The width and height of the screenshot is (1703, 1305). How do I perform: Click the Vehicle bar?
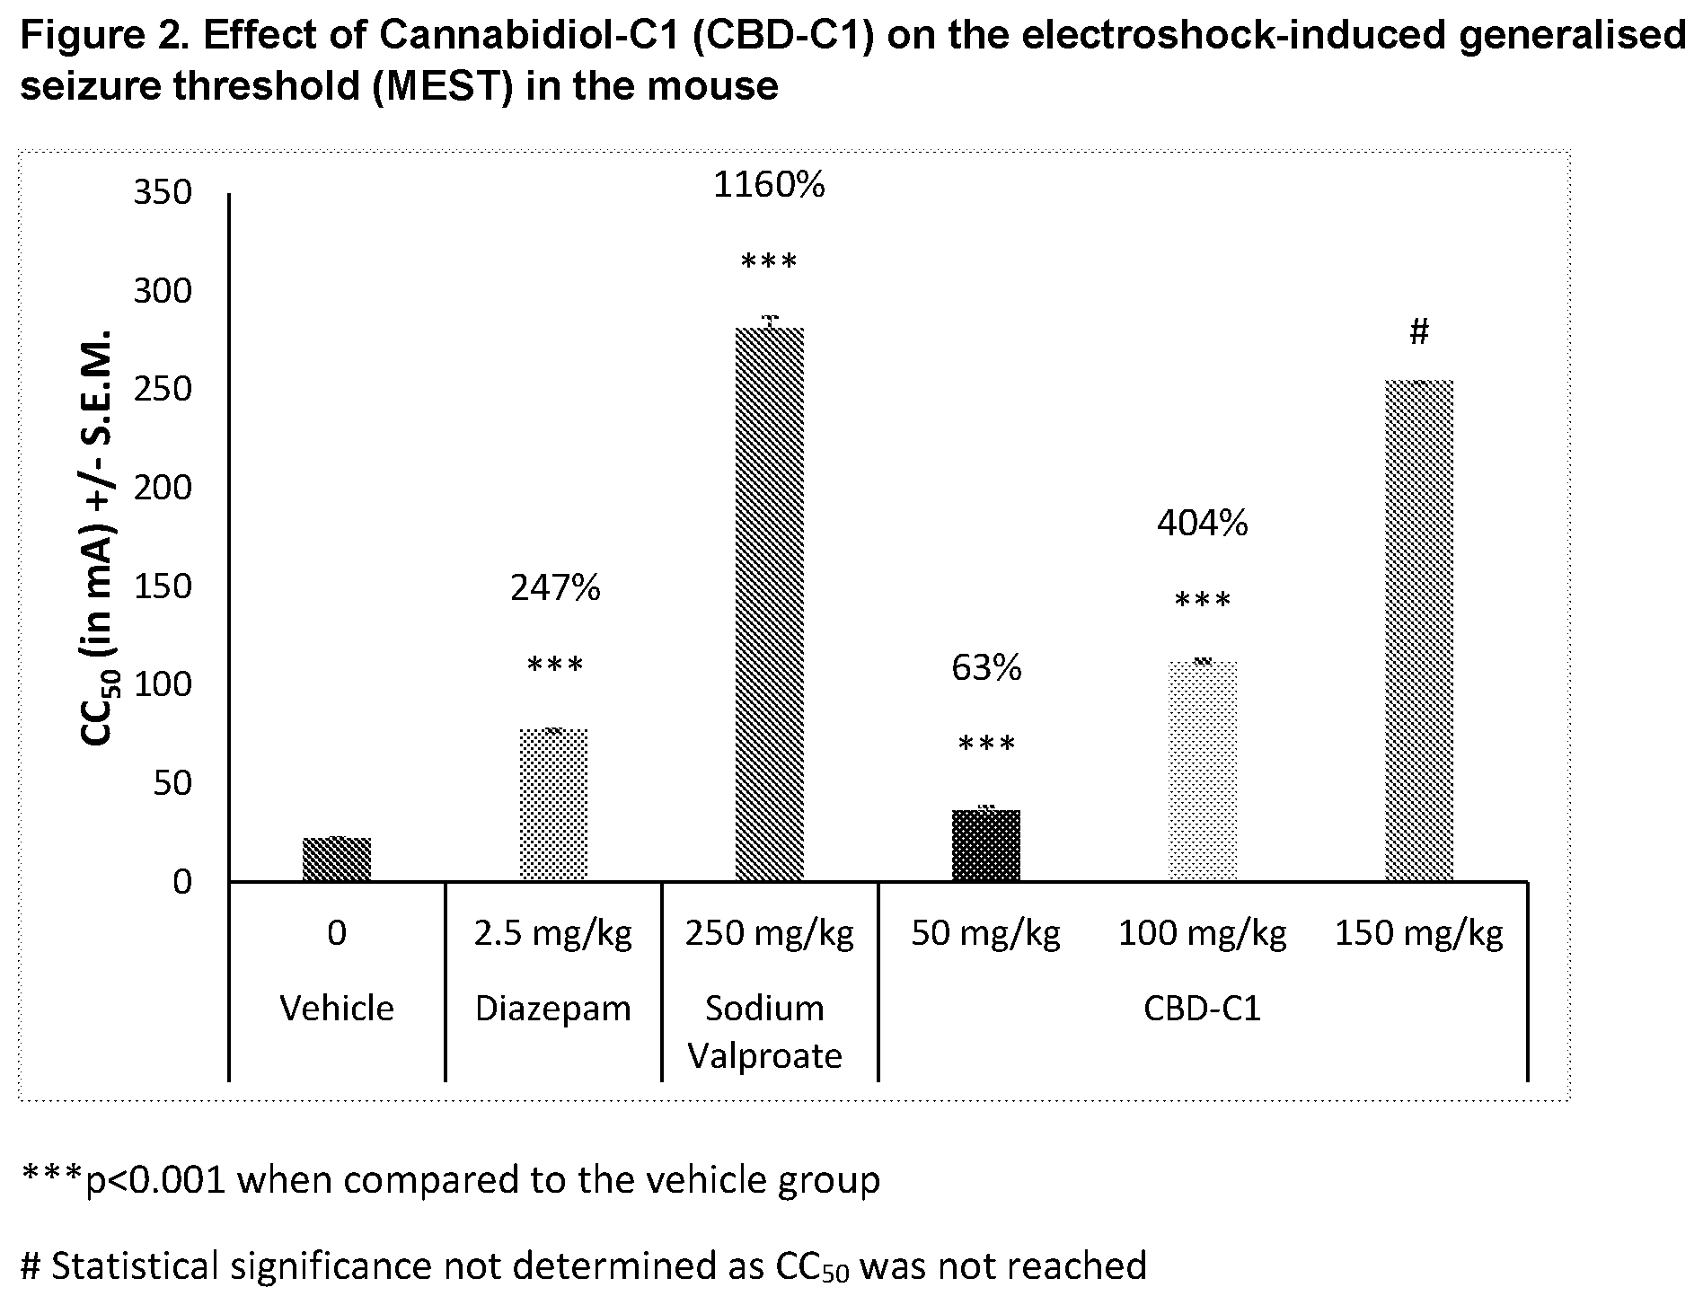click(x=337, y=860)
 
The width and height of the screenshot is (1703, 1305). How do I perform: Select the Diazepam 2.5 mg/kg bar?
click(x=553, y=806)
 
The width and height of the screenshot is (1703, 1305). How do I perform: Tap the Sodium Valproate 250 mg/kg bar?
click(x=770, y=604)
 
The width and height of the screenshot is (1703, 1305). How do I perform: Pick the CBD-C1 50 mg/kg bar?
click(x=986, y=846)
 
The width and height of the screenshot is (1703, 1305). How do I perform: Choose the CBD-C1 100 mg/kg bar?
click(x=1203, y=772)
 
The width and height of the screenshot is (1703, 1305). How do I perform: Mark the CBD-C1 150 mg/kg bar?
click(x=1419, y=631)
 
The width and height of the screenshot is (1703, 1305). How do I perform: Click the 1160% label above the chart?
click(x=769, y=185)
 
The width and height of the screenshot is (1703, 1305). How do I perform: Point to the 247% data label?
click(x=555, y=588)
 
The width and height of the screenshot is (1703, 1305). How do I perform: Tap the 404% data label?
click(x=1202, y=523)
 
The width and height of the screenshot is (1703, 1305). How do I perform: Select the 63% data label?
click(x=986, y=668)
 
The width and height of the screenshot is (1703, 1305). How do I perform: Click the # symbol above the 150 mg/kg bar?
click(x=1419, y=333)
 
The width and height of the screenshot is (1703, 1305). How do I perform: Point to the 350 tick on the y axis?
click(x=163, y=193)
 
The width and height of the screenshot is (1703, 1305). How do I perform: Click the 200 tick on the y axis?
click(x=163, y=488)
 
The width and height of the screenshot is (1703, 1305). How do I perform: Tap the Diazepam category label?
click(x=553, y=1009)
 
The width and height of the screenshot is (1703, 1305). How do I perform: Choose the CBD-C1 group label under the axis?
click(x=1202, y=1009)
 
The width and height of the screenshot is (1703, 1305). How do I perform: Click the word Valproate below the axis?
click(x=765, y=1056)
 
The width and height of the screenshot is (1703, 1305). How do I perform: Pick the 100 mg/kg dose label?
click(x=1202, y=935)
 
